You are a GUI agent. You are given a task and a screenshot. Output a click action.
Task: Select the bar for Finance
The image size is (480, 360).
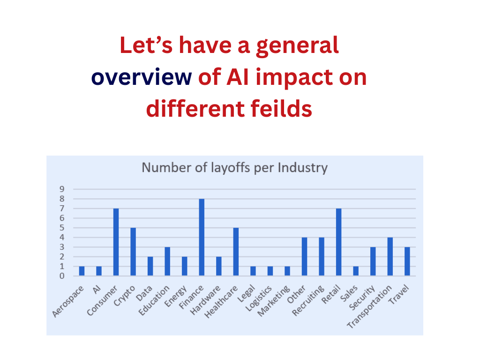point(202,237)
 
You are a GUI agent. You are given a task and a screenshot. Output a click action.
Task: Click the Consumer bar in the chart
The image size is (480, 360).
point(116,242)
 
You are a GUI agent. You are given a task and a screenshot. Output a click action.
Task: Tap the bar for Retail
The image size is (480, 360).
point(338,242)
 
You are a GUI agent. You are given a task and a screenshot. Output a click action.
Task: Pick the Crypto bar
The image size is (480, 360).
point(133,252)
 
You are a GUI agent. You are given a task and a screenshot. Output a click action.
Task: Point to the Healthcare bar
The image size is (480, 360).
point(236,252)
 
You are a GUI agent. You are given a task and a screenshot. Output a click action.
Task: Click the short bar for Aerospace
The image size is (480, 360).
point(82,271)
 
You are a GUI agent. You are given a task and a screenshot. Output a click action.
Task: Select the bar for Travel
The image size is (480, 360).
point(407,262)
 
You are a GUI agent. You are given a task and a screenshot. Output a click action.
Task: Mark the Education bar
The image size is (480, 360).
point(167,262)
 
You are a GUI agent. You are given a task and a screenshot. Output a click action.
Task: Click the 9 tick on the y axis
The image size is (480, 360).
point(62,189)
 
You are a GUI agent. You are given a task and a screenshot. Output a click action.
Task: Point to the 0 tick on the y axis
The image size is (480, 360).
point(62,276)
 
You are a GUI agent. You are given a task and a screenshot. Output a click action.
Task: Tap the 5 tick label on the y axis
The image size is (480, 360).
point(62,228)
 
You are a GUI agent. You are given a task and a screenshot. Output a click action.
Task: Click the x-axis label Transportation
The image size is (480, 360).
point(369,307)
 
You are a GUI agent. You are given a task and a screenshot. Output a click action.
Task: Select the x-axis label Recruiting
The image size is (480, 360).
point(308,300)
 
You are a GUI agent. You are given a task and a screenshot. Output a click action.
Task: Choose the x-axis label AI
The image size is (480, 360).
point(97,289)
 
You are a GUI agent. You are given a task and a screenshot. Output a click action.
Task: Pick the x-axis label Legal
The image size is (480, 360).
point(246,293)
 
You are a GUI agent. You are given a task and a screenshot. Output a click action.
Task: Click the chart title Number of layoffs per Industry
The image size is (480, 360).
point(234,168)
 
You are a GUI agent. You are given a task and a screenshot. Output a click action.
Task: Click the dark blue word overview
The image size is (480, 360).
point(142,77)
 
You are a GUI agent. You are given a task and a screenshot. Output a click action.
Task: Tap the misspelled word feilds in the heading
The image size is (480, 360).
point(281,108)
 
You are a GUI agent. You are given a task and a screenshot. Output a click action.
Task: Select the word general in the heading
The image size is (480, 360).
point(297,46)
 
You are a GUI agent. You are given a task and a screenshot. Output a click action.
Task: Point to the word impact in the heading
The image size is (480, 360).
point(294,78)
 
